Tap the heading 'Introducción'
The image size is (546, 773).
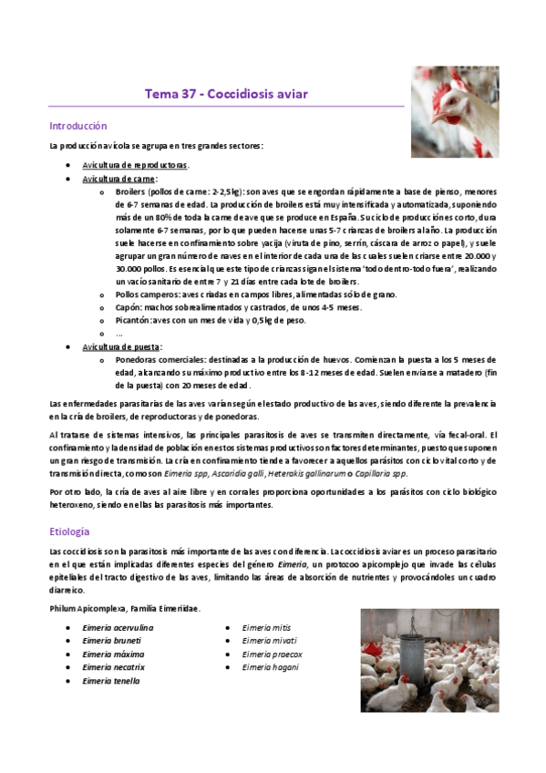tap(78, 126)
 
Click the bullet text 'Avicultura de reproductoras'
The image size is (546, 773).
tap(135, 165)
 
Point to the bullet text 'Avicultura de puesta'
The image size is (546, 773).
tap(122, 347)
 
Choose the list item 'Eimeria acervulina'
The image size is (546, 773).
tap(118, 628)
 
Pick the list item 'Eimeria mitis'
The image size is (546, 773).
tap(266, 627)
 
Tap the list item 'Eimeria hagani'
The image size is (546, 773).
tap(272, 680)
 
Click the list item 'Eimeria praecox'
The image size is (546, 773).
tap(273, 654)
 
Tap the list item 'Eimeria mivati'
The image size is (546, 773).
tap(269, 641)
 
